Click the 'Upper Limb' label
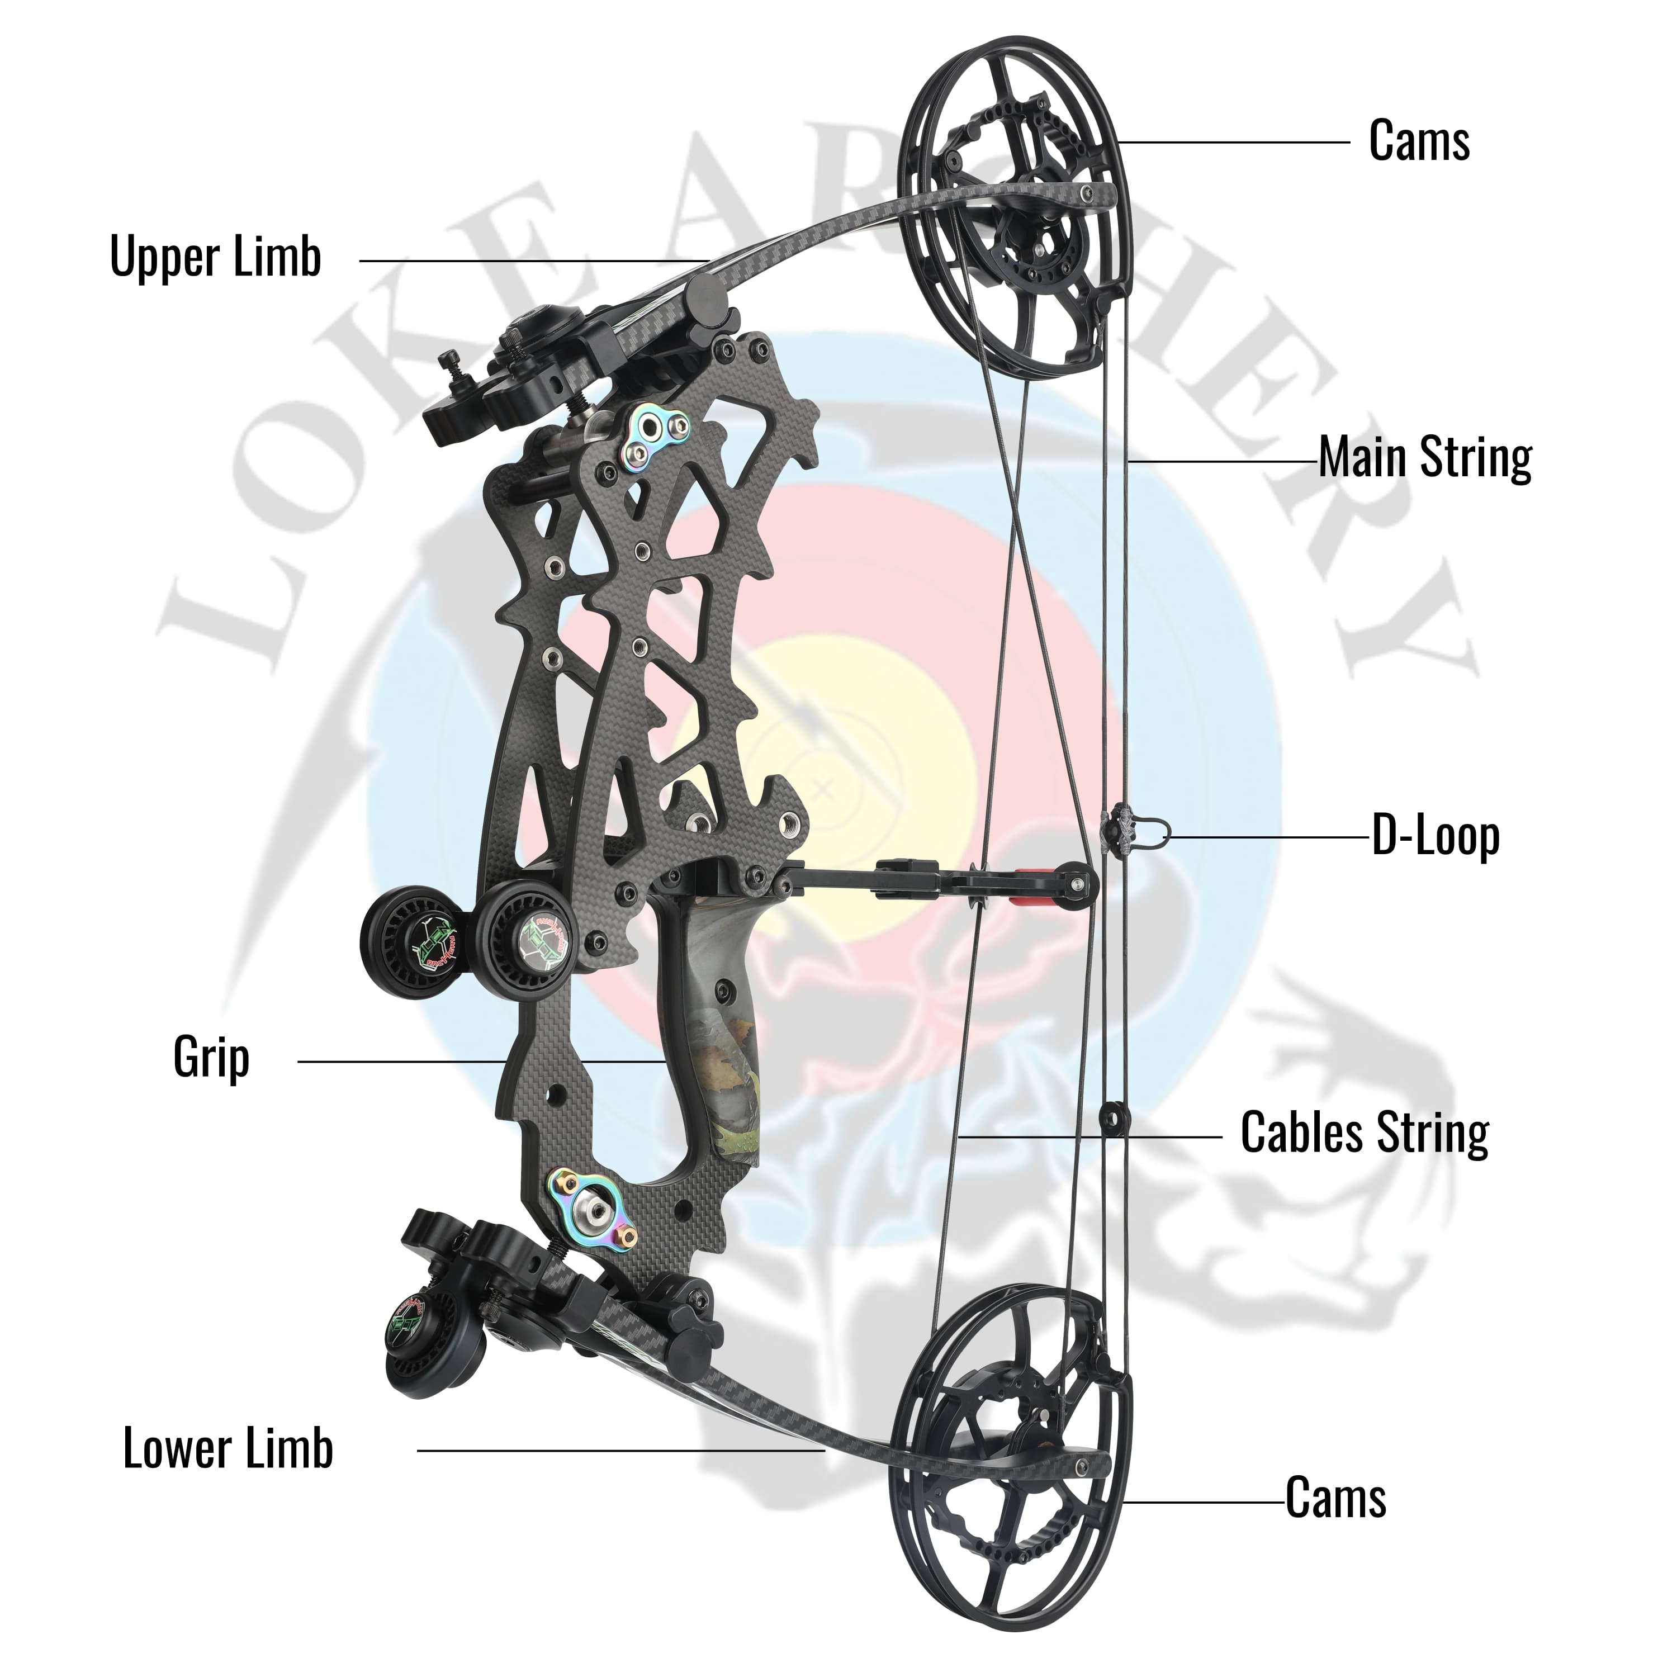(215, 257)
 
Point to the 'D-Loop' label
(1436, 836)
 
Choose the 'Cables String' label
(1365, 1133)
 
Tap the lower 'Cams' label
(1335, 1498)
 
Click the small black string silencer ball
(1111, 1118)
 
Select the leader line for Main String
(1224, 461)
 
